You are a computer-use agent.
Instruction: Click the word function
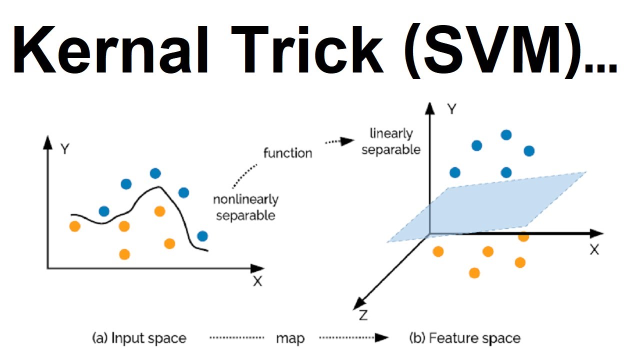(x=287, y=152)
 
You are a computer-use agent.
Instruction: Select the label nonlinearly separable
(x=245, y=207)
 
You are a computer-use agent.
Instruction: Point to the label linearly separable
(x=391, y=141)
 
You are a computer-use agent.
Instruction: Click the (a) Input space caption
(x=139, y=338)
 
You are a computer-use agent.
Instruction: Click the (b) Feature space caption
(x=464, y=338)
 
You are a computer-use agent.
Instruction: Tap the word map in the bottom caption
(x=290, y=338)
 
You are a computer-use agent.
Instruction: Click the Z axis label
(x=363, y=315)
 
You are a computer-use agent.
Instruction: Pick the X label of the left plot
(x=257, y=281)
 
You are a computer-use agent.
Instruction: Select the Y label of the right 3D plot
(x=451, y=109)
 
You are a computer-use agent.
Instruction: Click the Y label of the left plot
(x=64, y=149)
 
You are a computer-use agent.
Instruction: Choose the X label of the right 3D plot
(x=594, y=250)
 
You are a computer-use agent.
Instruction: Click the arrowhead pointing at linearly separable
(x=348, y=141)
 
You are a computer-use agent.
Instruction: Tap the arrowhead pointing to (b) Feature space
(x=382, y=337)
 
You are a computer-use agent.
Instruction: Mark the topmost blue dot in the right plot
(x=506, y=134)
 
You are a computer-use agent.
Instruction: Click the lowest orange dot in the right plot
(x=474, y=272)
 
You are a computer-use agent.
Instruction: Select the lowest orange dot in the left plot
(x=125, y=254)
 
